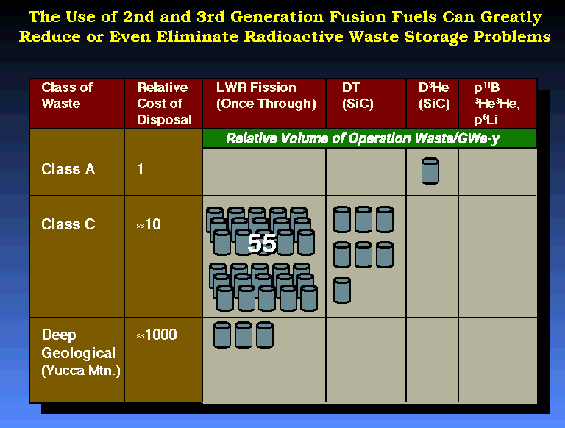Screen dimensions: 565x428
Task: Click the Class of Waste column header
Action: (x=67, y=96)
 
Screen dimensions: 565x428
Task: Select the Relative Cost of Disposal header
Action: (x=164, y=104)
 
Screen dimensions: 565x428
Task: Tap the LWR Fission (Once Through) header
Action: (x=266, y=96)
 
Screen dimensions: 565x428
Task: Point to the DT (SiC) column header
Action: (x=358, y=96)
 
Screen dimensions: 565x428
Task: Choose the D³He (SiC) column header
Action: (x=434, y=96)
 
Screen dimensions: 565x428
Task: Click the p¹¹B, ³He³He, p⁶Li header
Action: (x=497, y=104)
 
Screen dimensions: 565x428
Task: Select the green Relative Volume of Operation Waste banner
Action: (x=369, y=138)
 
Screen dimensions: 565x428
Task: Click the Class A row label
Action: (x=68, y=169)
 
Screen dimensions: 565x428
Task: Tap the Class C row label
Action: (x=68, y=224)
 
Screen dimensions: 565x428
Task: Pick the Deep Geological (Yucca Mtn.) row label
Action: (x=81, y=353)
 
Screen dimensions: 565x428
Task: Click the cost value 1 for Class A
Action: (x=141, y=169)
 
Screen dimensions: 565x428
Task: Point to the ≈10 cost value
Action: (x=149, y=224)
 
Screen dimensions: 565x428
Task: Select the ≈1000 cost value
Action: (x=157, y=335)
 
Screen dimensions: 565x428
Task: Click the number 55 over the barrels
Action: (x=262, y=243)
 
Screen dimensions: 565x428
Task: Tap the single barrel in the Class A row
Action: (x=430, y=171)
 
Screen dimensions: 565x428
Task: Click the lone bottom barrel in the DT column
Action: (x=342, y=290)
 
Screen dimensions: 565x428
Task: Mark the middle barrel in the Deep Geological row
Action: (x=244, y=335)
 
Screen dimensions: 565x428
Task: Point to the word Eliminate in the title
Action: (x=197, y=37)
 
